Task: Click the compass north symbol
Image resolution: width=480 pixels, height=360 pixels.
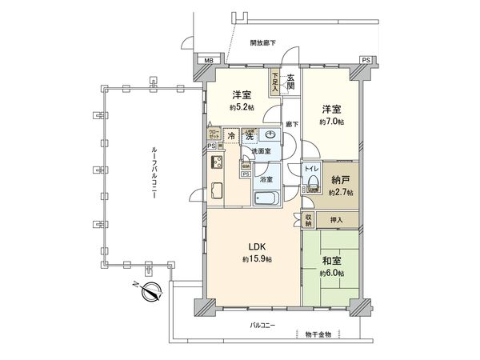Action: (x=150, y=292)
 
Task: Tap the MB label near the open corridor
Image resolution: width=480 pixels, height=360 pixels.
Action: (x=208, y=61)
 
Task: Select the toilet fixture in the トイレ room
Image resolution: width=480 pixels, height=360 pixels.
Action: (x=312, y=186)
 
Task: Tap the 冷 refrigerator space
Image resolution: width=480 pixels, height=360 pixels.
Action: (x=230, y=137)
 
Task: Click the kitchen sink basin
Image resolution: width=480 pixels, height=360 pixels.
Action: (x=217, y=191)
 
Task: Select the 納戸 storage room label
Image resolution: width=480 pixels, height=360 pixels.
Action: (x=341, y=181)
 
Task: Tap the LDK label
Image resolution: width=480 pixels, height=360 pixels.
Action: (x=255, y=247)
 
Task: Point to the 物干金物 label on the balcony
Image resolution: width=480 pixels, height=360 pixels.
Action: (x=317, y=333)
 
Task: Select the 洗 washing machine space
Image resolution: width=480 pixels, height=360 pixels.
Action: (x=250, y=137)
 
